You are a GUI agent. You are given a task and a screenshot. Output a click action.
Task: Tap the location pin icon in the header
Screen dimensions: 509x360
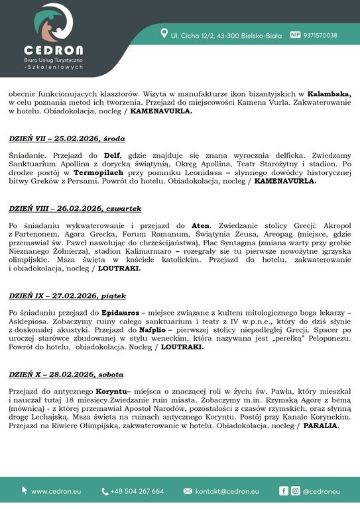tap(164, 35)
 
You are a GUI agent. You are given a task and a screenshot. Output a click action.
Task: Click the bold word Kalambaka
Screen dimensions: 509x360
tap(328, 94)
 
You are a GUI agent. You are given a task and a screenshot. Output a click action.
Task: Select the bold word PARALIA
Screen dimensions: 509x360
tap(322, 425)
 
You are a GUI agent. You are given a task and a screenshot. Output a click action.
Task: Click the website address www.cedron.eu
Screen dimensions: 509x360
tap(56, 491)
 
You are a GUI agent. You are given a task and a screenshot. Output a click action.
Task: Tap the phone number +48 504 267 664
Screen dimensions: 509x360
tap(137, 491)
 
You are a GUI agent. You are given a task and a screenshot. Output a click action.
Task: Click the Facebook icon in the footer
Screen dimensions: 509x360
tap(284, 491)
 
